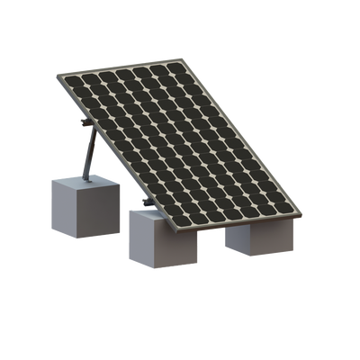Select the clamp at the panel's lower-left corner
(144, 199)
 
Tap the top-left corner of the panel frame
(65, 72)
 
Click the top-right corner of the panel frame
(184, 56)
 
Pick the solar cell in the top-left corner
(76, 78)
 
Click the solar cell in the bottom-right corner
(287, 210)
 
